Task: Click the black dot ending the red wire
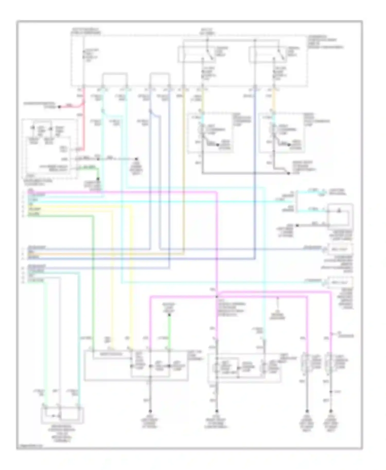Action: [x=59, y=107]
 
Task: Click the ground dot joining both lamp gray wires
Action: [x=288, y=173]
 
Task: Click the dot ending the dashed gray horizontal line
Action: [x=137, y=159]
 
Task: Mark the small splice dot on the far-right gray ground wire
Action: [x=331, y=392]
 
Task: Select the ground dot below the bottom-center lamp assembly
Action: [x=217, y=411]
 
